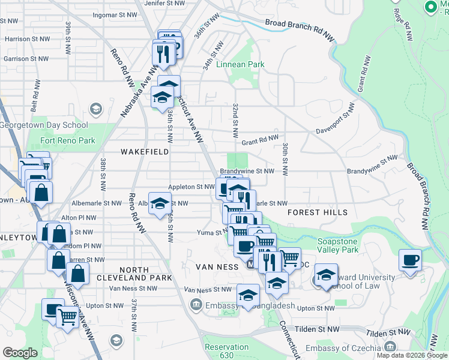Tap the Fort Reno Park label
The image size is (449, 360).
[68, 141]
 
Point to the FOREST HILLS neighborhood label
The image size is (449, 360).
[317, 212]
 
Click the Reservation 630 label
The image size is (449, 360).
[226, 351]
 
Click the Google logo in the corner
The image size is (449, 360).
[20, 353]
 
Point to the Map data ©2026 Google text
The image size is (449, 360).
[411, 355]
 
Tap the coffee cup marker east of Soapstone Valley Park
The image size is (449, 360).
[410, 260]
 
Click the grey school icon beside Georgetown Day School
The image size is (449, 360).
[95, 109]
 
